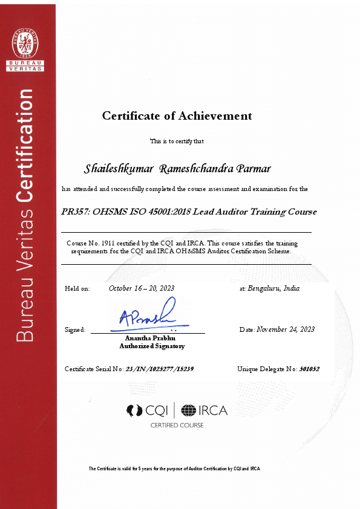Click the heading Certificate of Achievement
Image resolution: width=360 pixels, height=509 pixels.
click(x=177, y=115)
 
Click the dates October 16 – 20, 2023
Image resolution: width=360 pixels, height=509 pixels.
click(x=142, y=288)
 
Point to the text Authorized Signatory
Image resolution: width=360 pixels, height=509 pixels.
click(x=152, y=346)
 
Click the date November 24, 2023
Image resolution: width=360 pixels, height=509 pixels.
click(x=286, y=329)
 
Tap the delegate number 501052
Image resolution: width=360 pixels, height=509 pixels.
click(x=309, y=368)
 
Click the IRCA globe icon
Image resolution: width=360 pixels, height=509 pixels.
click(x=189, y=410)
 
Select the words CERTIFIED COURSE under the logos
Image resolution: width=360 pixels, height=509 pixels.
click(x=177, y=426)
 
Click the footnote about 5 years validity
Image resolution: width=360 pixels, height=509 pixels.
click(x=174, y=468)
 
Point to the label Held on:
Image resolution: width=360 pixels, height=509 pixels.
click(x=77, y=288)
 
